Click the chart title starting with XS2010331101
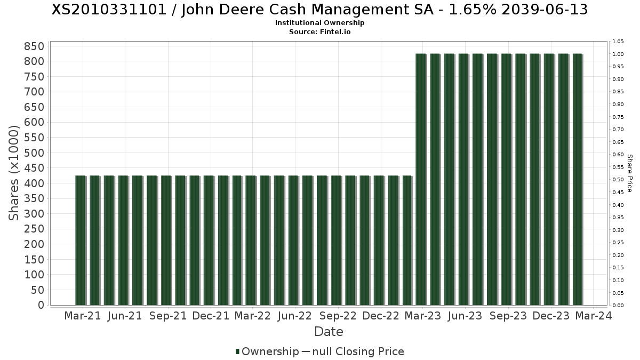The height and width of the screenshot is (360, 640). tap(320, 10)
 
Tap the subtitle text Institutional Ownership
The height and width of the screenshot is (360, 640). tap(320, 23)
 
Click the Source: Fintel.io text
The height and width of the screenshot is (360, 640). tap(320, 31)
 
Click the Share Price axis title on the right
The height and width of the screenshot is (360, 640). tap(629, 173)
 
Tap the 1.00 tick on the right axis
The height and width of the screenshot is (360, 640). tap(618, 54)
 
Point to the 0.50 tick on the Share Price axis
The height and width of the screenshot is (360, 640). tap(618, 180)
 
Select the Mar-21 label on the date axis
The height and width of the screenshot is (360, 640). tap(82, 316)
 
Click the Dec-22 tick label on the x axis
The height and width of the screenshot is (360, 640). tap(380, 316)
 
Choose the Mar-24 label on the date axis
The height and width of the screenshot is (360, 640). tap(594, 316)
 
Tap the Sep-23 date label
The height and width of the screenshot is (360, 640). tap(508, 316)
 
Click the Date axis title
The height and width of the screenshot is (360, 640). tap(329, 332)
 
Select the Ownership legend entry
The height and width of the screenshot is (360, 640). tap(267, 351)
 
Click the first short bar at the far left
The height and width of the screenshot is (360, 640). tap(81, 240)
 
